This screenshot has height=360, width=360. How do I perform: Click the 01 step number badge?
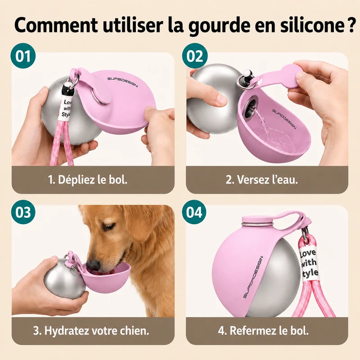tap(23, 56)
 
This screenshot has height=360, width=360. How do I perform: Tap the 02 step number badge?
tap(195, 56)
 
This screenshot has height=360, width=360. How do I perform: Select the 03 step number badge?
tap(23, 212)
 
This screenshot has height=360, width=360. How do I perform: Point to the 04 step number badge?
tap(194, 212)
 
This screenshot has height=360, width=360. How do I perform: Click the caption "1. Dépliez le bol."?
tap(88, 180)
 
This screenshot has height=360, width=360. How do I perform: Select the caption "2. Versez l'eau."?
tap(262, 180)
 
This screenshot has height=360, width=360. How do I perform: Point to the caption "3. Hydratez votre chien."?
tap(91, 331)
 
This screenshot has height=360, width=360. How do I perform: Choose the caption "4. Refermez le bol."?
tap(263, 331)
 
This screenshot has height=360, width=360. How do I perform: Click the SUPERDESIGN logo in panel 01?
tap(123, 82)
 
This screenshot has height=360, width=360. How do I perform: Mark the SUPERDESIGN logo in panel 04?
tap(253, 277)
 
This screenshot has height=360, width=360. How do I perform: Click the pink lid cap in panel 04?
tap(256, 219)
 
